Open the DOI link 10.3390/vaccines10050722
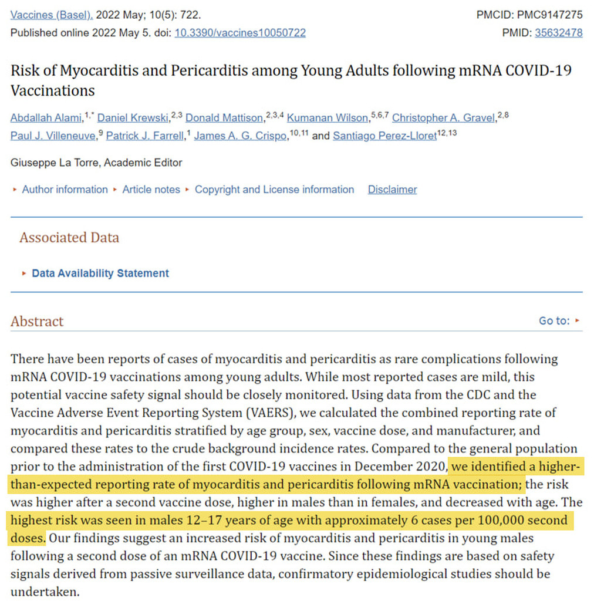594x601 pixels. click(239, 33)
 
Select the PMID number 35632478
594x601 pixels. click(558, 33)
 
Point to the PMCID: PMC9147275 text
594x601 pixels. click(529, 15)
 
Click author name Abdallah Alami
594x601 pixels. click(46, 118)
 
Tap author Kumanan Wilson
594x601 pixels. click(328, 118)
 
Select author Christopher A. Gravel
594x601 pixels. click(444, 118)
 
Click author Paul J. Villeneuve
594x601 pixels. click(53, 136)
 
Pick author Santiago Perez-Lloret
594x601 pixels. click(384, 136)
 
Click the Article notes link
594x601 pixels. click(151, 190)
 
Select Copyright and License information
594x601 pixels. click(274, 190)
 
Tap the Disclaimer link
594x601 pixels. click(392, 190)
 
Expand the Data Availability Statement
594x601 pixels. click(100, 274)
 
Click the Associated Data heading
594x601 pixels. click(69, 238)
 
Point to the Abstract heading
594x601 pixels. click(37, 322)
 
